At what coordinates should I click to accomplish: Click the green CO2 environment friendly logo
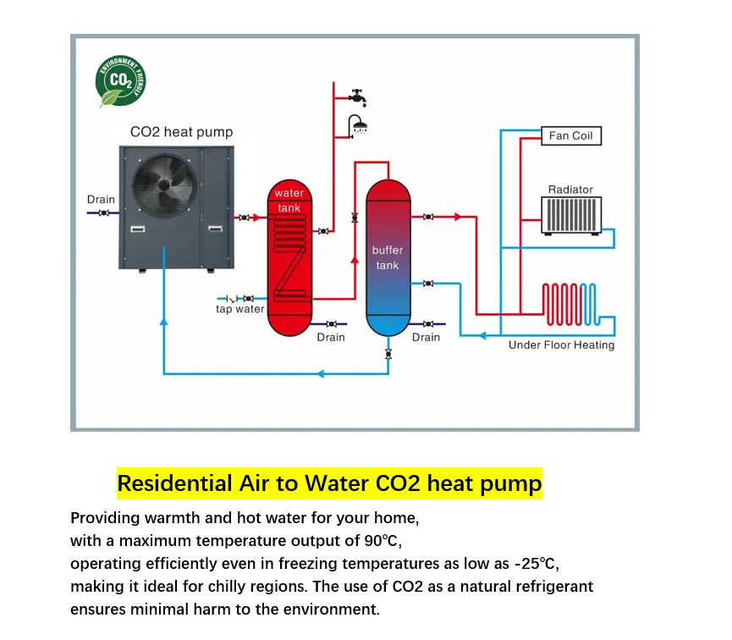[x=120, y=82]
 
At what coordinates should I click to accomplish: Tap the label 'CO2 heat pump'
[x=181, y=132]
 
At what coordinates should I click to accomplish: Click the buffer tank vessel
[x=388, y=258]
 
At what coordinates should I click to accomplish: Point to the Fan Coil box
[x=571, y=135]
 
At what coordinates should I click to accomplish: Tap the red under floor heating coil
[x=570, y=305]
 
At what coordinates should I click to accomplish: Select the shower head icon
[x=360, y=126]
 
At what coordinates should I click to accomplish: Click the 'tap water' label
[x=240, y=309]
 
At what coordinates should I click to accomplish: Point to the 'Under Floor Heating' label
[x=561, y=345]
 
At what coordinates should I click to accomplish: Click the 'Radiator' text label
[x=570, y=190]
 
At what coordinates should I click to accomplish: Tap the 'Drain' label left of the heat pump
[x=101, y=200]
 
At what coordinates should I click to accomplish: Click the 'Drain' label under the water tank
[x=331, y=337]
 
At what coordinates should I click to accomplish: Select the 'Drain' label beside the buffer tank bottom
[x=426, y=337]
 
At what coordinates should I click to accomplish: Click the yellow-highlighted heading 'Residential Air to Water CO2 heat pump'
[x=329, y=483]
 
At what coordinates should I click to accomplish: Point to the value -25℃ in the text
[x=537, y=563]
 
